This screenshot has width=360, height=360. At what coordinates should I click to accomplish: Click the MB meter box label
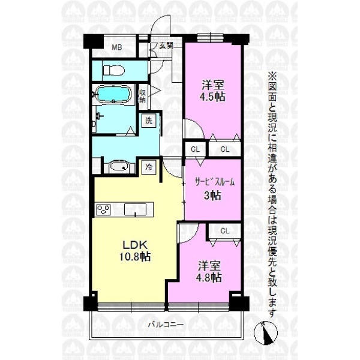click(x=116, y=47)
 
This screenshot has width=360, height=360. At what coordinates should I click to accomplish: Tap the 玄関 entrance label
click(x=166, y=46)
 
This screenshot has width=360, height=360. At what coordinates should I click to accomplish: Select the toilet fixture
click(x=113, y=70)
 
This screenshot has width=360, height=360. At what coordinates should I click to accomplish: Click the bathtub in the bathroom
click(x=113, y=94)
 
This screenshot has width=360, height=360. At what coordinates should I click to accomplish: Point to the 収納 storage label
click(x=142, y=96)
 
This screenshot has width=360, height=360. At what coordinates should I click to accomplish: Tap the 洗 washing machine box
click(x=149, y=121)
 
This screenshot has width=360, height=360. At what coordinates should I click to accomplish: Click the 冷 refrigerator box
click(x=149, y=167)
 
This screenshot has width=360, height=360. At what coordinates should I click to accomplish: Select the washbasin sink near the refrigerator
click(x=119, y=166)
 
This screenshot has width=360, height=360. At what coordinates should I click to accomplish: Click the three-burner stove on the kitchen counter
click(x=103, y=210)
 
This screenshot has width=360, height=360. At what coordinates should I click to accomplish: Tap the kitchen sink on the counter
click(x=135, y=209)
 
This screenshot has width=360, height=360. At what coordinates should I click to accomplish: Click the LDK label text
click(x=135, y=245)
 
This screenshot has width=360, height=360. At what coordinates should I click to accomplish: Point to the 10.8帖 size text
click(x=135, y=256)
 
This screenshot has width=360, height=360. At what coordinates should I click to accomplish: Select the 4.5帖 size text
click(x=212, y=97)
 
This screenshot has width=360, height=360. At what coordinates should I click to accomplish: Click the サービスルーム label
click(x=215, y=182)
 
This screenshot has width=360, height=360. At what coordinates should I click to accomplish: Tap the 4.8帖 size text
click(x=209, y=277)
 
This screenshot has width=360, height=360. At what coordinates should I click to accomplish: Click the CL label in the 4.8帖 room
click(x=224, y=230)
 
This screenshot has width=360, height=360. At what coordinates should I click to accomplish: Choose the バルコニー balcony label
click(x=166, y=325)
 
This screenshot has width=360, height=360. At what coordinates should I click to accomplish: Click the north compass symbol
click(x=266, y=332)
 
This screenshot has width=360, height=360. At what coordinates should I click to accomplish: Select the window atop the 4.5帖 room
click(x=210, y=38)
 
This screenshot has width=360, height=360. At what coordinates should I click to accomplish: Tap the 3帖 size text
click(x=212, y=196)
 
